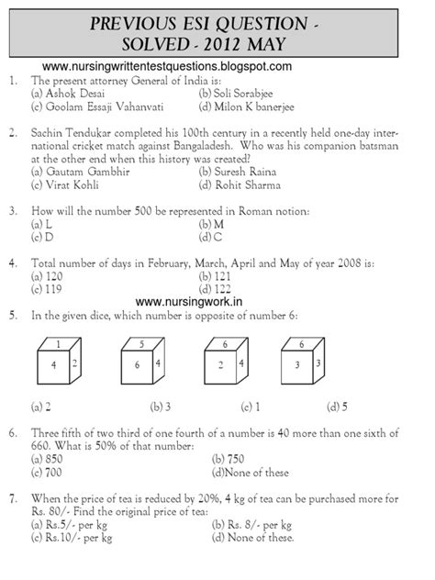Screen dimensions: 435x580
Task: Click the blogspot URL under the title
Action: (167, 66)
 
